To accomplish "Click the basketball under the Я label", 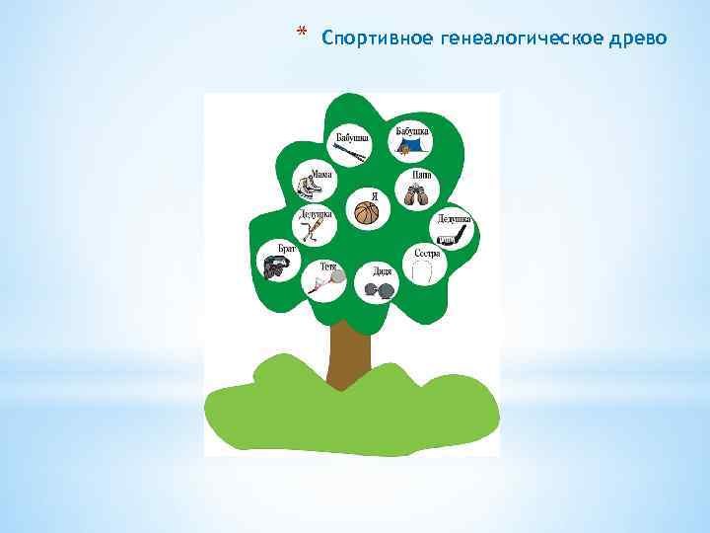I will click(x=367, y=214).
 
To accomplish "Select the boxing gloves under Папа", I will click(x=412, y=193).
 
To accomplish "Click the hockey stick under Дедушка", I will click(x=449, y=238).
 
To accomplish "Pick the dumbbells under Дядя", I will click(x=381, y=289).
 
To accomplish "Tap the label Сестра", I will click(x=427, y=253).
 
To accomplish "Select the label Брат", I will click(x=286, y=250).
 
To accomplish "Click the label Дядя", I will click(x=383, y=271).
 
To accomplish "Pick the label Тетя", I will click(x=328, y=266).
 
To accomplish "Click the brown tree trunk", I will click(x=347, y=353).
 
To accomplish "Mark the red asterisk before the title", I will click(x=301, y=35).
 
